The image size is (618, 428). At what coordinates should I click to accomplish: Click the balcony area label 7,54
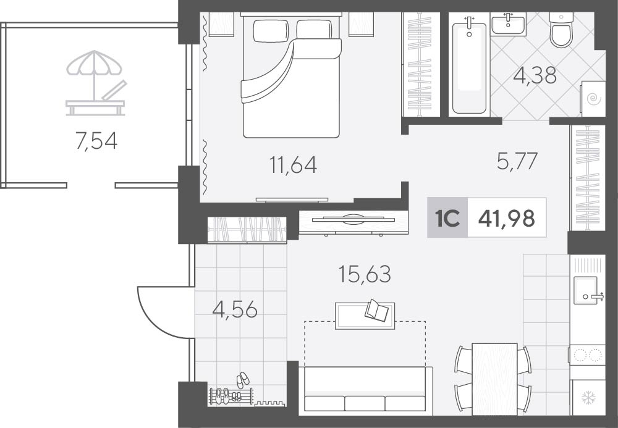pos(96,141)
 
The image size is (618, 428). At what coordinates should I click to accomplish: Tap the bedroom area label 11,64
pos(293,164)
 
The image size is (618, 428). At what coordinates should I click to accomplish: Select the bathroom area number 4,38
pos(535,75)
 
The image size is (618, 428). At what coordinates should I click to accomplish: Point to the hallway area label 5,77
pos(517,161)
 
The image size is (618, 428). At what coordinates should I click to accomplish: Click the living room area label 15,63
pos(365,274)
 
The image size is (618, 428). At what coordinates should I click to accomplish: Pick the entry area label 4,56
pos(235,310)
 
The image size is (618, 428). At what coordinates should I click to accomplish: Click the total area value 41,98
pos(507,218)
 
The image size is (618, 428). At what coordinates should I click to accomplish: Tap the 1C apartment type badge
pos(447,218)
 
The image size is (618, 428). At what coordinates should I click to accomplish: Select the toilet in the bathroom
pos(561,30)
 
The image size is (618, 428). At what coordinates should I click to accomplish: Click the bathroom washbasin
pos(508,24)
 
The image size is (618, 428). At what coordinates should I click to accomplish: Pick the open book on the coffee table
pos(376,311)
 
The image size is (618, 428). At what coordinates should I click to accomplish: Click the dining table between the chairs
pos(494,379)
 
